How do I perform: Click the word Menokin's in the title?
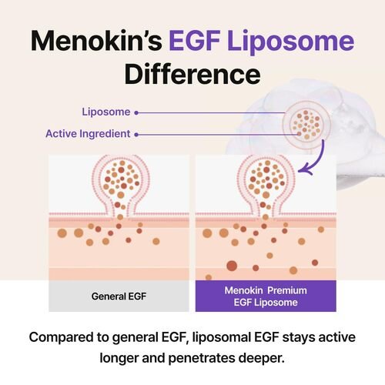click(x=96, y=41)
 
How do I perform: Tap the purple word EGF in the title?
click(x=195, y=41)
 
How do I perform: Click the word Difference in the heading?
click(x=192, y=74)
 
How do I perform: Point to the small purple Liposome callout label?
click(x=106, y=112)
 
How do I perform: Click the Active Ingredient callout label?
click(x=88, y=134)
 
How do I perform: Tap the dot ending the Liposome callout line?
click(x=136, y=112)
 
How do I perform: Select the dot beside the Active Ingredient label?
click(x=136, y=135)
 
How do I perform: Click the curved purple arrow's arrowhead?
click(x=306, y=170)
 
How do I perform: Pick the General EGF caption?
click(x=119, y=296)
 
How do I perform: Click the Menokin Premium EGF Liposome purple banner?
click(x=266, y=296)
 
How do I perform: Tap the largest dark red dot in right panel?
click(x=232, y=266)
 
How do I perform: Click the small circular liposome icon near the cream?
click(x=306, y=125)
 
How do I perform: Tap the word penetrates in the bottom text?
click(x=202, y=359)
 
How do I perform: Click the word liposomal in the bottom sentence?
click(x=222, y=338)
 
